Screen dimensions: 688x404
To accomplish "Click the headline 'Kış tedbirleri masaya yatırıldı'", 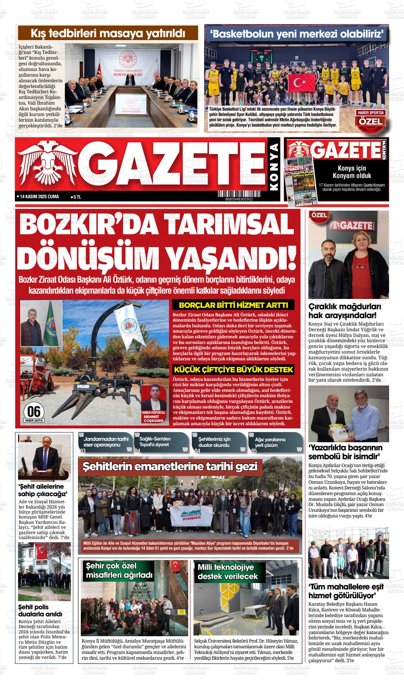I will click(108, 34).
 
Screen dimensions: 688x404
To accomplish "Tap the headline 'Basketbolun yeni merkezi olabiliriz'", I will click(297, 34).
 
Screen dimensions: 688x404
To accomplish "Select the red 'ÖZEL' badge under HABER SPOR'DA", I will click(371, 122).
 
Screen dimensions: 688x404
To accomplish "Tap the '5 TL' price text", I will click(77, 197).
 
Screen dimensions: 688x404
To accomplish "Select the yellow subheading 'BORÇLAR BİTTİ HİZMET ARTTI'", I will click(234, 305).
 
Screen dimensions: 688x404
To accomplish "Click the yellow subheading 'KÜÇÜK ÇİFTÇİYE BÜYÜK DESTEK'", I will click(234, 370).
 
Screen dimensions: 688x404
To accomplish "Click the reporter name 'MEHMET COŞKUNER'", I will click(153, 419).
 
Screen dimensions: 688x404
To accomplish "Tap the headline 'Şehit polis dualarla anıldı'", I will click(40, 610).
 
